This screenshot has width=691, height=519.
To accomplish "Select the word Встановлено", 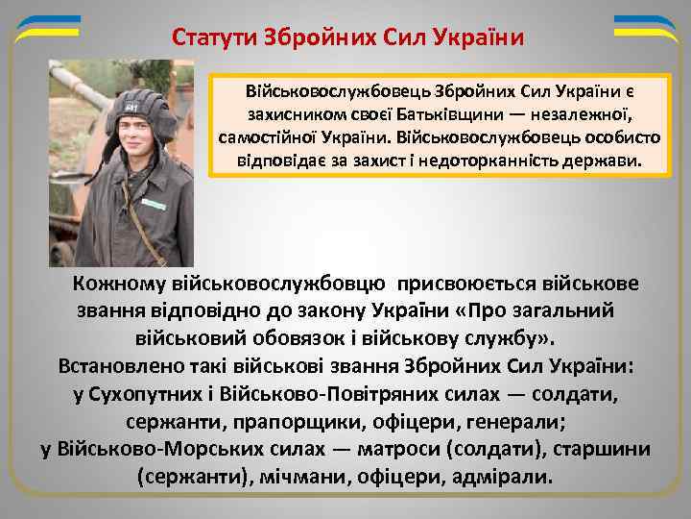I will click(x=122, y=367).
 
